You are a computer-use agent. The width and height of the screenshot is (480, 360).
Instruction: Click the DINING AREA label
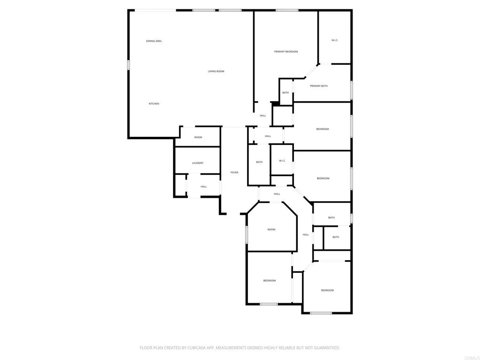154,41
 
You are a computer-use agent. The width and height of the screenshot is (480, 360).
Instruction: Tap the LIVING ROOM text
216,71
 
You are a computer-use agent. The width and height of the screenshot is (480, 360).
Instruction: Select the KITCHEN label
154,104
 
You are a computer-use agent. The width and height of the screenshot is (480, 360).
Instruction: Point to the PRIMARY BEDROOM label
286,52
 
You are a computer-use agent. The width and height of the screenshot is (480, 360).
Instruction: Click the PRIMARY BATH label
319,86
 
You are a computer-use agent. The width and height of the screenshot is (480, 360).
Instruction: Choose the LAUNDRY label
197,163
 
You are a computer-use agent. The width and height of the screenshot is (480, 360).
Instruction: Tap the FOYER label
234,172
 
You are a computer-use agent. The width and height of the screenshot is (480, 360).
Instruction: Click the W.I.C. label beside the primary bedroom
335,40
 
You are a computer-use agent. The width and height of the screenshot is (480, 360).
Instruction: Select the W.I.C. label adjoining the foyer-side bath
282,161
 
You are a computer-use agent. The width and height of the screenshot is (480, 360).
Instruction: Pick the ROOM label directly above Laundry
198,137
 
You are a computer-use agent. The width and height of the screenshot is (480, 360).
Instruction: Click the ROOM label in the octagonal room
271,230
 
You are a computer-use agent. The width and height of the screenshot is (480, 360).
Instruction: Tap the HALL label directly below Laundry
203,187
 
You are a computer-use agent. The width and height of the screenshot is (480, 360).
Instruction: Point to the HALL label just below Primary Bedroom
263,116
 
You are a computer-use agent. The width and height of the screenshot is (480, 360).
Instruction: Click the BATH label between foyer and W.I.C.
259,162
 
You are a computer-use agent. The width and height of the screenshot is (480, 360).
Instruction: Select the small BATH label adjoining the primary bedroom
285,92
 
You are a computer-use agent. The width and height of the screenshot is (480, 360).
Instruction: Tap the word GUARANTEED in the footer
324,348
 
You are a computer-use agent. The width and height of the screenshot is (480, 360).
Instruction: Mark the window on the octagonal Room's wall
247,234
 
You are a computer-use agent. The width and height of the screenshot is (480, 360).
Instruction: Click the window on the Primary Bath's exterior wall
351,90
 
